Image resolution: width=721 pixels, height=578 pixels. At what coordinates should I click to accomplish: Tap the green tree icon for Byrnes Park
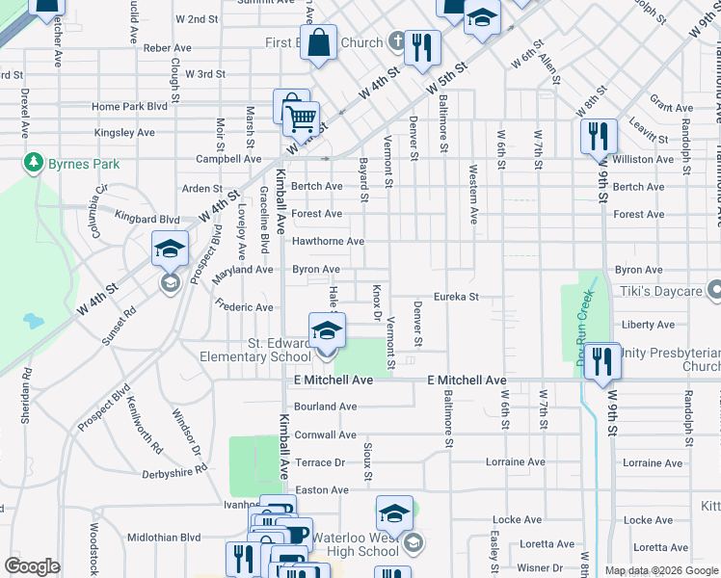click(x=34, y=162)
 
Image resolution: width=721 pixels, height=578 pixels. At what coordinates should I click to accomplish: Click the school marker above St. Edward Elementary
click(x=327, y=332)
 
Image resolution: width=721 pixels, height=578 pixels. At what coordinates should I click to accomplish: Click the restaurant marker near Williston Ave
click(x=599, y=138)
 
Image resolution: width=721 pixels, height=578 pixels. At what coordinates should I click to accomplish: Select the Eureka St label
click(x=456, y=297)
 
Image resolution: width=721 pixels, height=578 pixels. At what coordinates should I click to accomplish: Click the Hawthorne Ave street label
click(x=328, y=241)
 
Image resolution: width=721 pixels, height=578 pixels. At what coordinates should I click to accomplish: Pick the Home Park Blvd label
click(x=129, y=107)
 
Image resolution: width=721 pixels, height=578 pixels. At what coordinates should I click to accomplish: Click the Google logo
click(x=32, y=566)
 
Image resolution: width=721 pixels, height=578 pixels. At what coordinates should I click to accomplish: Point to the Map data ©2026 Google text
click(x=661, y=570)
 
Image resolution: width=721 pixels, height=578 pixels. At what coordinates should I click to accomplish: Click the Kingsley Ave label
click(x=124, y=133)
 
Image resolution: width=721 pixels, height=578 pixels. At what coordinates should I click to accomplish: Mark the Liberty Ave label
click(x=648, y=325)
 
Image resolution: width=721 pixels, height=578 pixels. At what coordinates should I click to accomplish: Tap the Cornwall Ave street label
click(x=325, y=435)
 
